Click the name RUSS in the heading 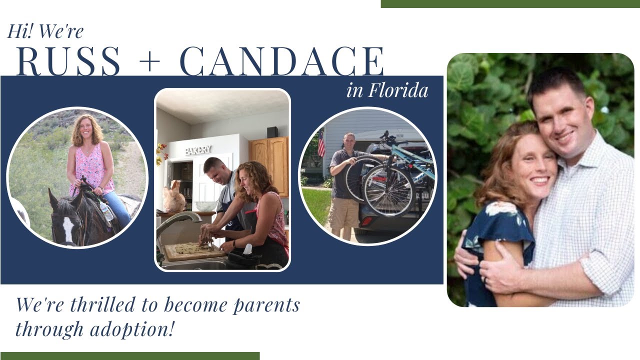tap(69, 61)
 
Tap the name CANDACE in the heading tap(282, 61)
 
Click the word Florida tap(398, 90)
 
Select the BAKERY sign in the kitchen tap(198, 149)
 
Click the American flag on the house tap(321, 144)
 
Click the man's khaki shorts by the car tap(343, 213)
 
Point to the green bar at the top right tap(510, 3)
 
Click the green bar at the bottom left tap(130, 356)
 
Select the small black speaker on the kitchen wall tap(272, 132)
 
